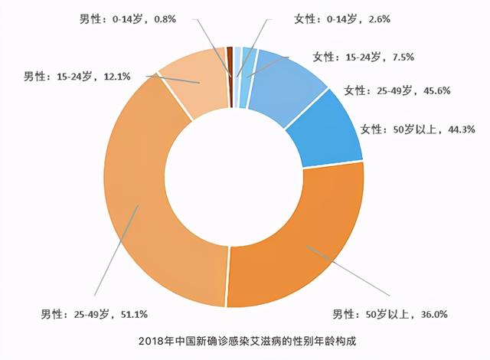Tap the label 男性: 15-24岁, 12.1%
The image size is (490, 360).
pos(77,77)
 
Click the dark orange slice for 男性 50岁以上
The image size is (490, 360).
pos(299,245)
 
